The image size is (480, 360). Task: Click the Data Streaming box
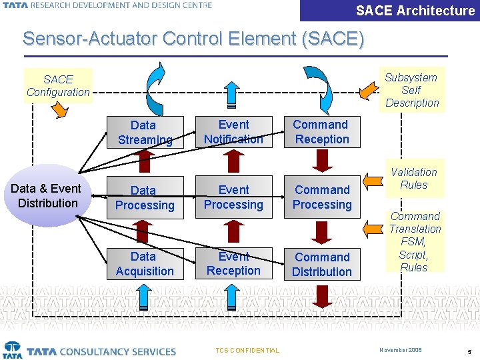(145, 132)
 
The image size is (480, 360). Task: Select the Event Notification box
(233, 132)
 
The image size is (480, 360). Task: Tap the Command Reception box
(322, 132)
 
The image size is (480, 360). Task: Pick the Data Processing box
(145, 198)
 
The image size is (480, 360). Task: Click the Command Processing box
(322, 198)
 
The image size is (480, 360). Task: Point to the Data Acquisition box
(145, 264)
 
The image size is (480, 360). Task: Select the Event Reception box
(233, 263)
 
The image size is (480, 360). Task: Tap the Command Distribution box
(322, 264)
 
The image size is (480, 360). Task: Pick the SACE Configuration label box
(58, 85)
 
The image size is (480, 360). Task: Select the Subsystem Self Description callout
(412, 90)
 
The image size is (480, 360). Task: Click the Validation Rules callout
(414, 179)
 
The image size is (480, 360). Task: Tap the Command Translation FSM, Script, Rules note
(415, 241)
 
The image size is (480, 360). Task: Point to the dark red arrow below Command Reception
(323, 160)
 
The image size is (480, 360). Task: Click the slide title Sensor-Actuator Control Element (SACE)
(193, 38)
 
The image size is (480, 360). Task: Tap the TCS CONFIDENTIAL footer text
(248, 351)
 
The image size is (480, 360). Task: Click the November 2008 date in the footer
(401, 350)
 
